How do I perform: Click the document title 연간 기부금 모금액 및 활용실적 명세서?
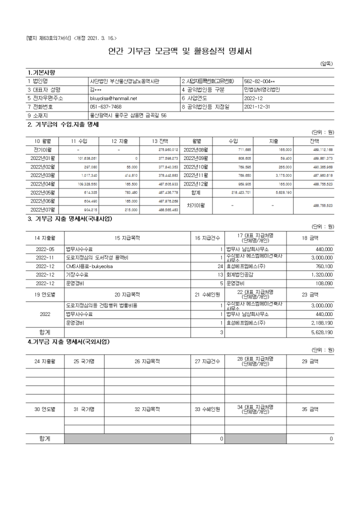(x=180, y=51)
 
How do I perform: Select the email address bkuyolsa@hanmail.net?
(x=113, y=98)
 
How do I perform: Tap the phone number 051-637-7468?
(x=105, y=106)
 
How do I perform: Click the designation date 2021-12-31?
(x=257, y=106)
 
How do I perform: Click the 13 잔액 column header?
(x=159, y=141)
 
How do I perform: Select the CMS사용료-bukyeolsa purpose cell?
(x=90, y=266)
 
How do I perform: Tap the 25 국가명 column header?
(x=84, y=360)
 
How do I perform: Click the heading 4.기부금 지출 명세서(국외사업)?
(x=68, y=342)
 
